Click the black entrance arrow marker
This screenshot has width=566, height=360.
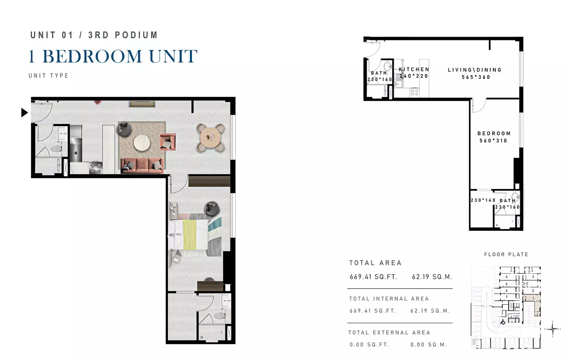(24, 112)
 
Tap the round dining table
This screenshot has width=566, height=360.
(211, 138)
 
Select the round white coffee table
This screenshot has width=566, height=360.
(142, 143)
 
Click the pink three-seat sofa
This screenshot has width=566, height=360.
(142, 166)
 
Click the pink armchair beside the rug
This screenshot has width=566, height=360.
(168, 142)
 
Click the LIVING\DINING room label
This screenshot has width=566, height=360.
(474, 70)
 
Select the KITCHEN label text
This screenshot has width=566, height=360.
(414, 69)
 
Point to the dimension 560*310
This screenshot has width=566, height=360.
(493, 141)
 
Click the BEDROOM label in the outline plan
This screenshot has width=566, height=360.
(494, 133)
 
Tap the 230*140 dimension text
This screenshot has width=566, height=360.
(483, 200)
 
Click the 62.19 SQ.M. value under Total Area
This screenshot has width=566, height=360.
(432, 277)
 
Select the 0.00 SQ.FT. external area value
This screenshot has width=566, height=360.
(369, 345)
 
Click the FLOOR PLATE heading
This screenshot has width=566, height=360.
(506, 254)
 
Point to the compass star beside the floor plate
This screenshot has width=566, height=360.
(552, 329)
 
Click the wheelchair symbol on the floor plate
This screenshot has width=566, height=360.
(503, 322)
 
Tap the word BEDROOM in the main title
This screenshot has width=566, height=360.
(92, 56)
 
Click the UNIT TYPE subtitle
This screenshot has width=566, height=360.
(48, 76)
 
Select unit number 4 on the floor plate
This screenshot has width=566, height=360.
(506, 277)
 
